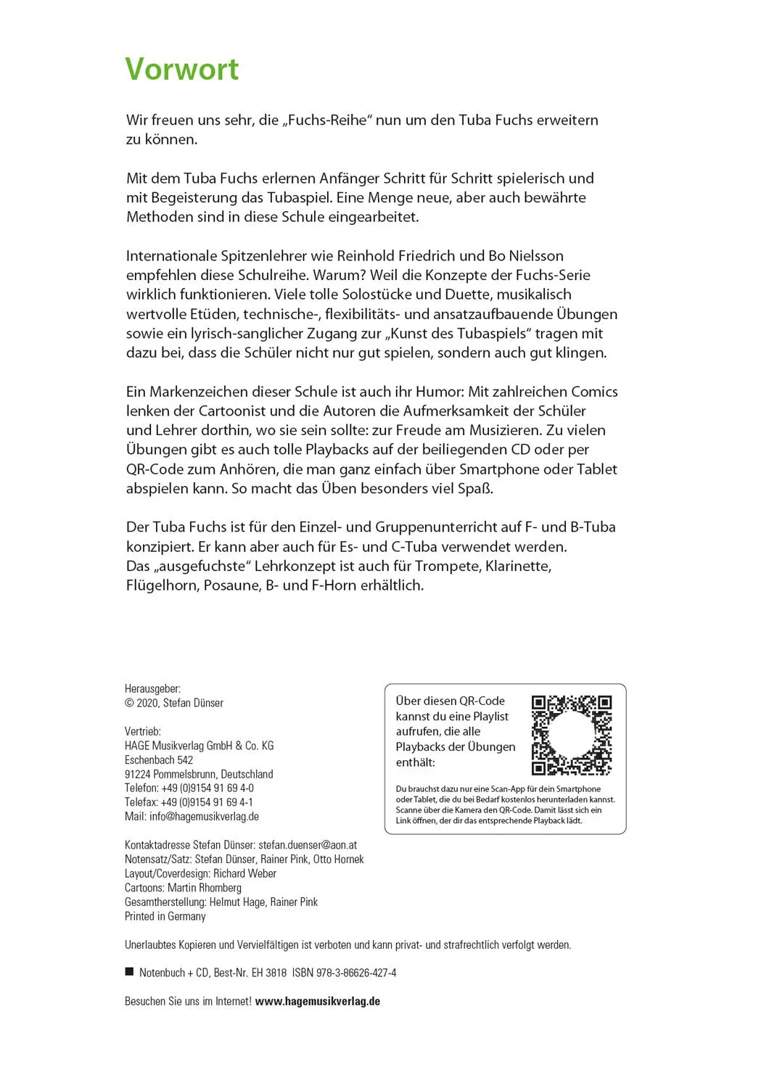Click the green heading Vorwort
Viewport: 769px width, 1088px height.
tap(181, 70)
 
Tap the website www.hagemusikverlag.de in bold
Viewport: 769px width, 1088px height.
tap(318, 1001)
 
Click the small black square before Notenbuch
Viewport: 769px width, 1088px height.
tap(130, 972)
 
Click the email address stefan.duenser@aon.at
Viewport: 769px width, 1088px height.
tap(308, 845)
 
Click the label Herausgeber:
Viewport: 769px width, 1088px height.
tap(152, 688)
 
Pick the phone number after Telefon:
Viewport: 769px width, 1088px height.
tap(207, 788)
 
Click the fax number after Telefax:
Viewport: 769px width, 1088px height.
tap(207, 802)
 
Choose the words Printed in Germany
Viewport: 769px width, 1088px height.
tap(165, 916)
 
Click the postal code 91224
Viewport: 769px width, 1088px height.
tap(138, 774)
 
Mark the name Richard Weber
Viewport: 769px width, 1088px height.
tap(245, 873)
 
